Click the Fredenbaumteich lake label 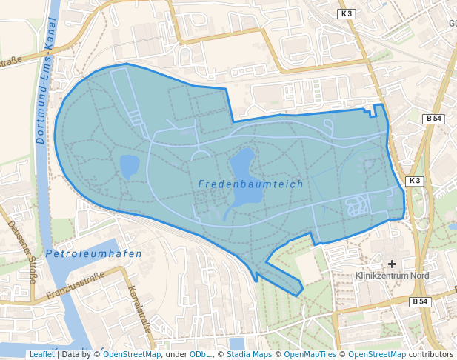(x=250, y=184)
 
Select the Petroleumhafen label (x=93, y=253)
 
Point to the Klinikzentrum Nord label (x=392, y=276)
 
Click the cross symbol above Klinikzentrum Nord (x=392, y=263)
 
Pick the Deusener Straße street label (x=21, y=251)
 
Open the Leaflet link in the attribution (x=41, y=354)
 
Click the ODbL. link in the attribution (x=200, y=354)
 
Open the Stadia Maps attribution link (x=249, y=354)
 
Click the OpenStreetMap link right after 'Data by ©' (x=131, y=354)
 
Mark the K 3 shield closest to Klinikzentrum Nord (x=415, y=181)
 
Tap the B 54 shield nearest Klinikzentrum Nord (x=420, y=301)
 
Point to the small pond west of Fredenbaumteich (x=129, y=166)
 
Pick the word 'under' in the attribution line (x=175, y=354)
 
